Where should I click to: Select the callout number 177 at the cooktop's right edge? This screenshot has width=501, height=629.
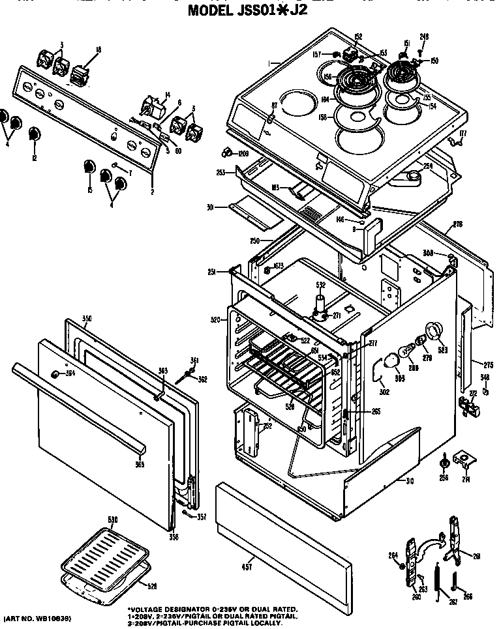pyautogui.click(x=463, y=134)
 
